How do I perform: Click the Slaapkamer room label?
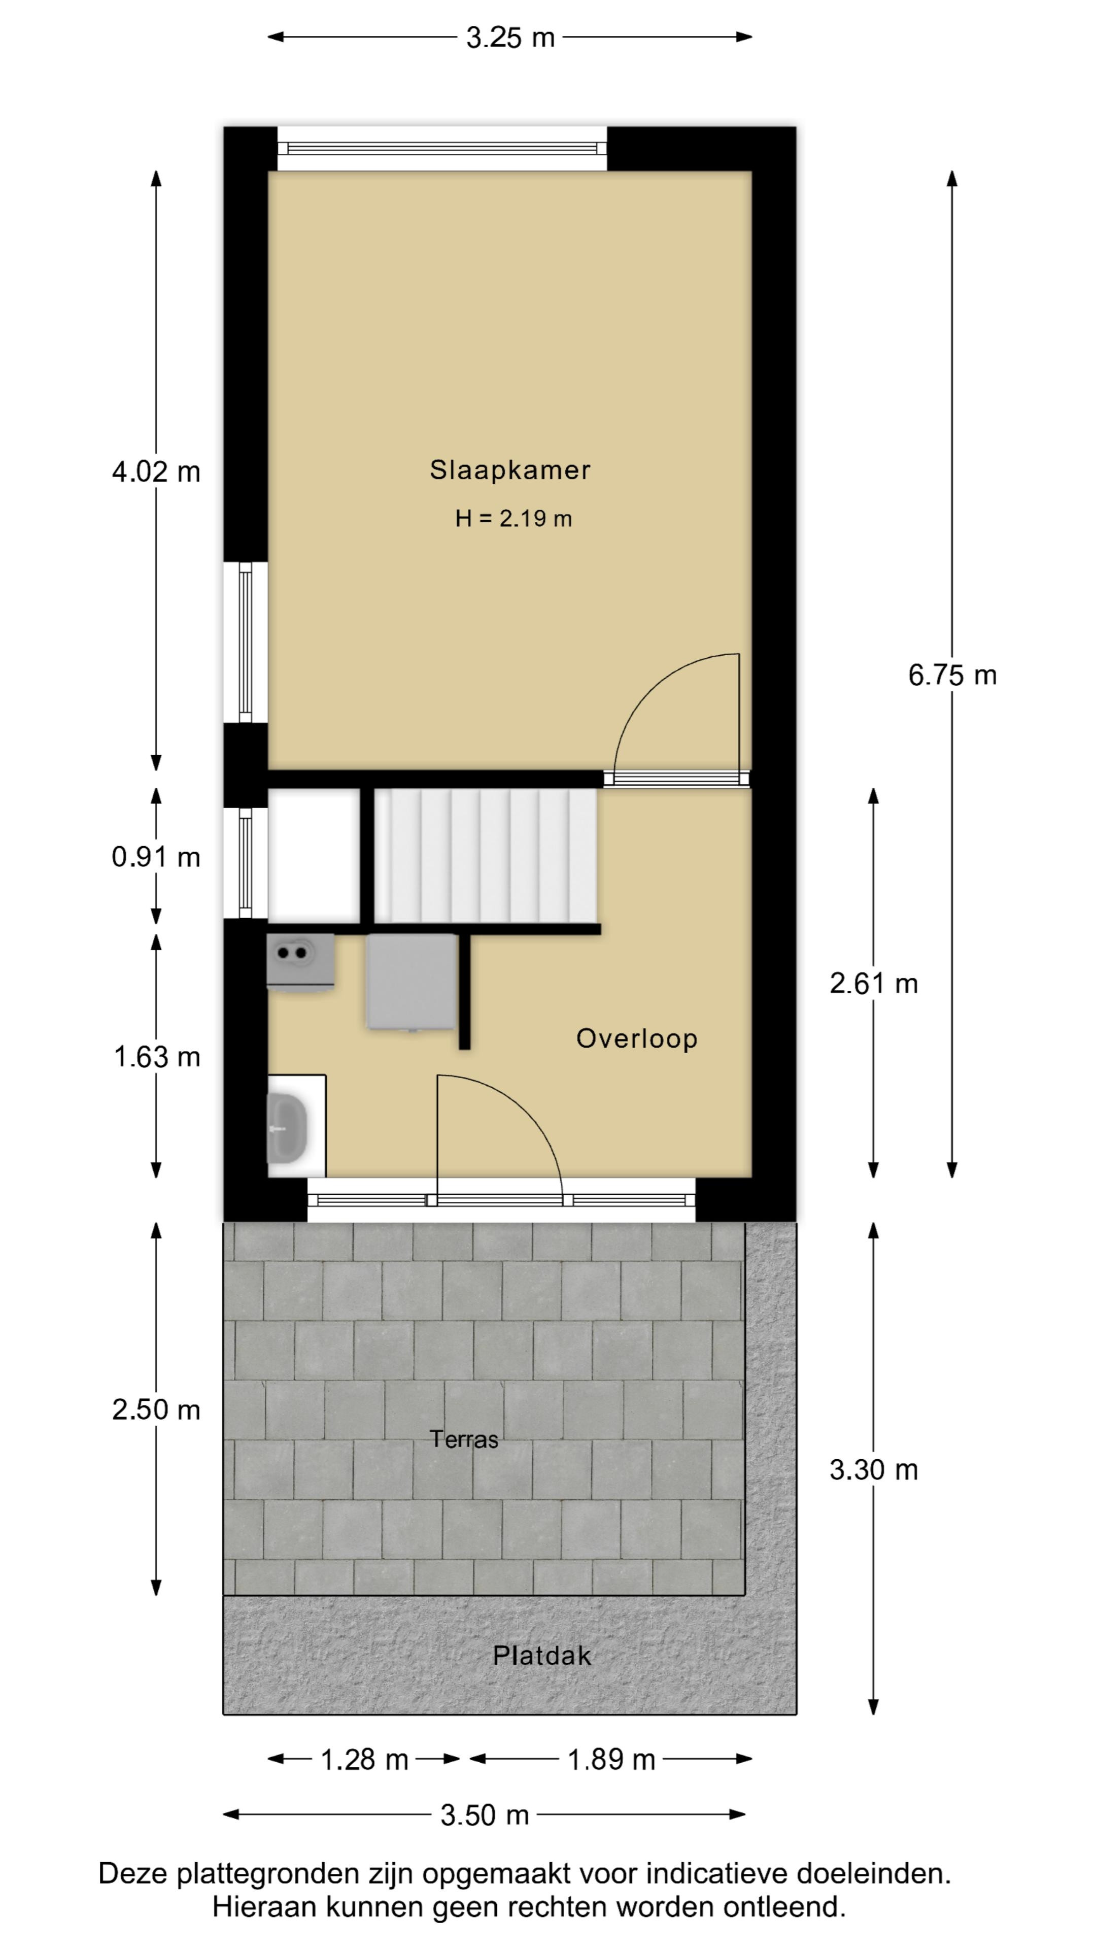point(510,470)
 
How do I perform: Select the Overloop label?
point(637,1039)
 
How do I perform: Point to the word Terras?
point(464,1438)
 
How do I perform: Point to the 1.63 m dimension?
point(157,1057)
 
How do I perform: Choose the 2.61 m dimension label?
point(874,984)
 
